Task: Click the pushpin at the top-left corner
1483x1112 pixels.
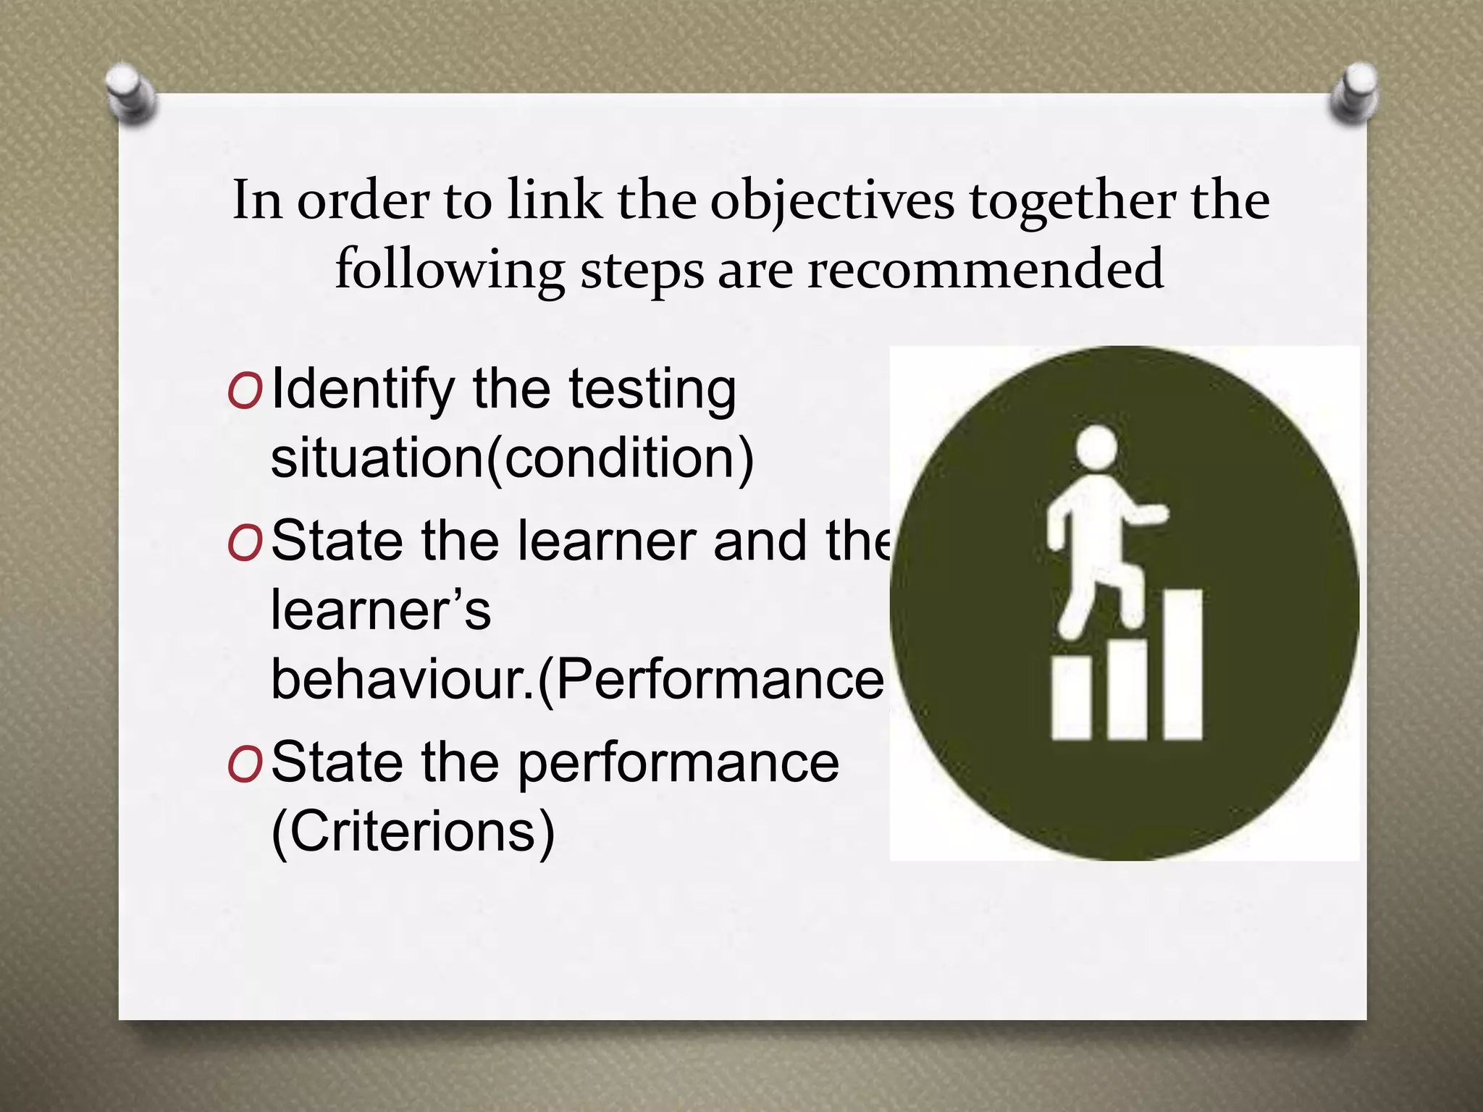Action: pyautogui.click(x=130, y=93)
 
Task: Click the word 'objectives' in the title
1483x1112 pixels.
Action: pyautogui.click(x=832, y=201)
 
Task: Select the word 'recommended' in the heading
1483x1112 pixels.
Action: pyautogui.click(x=985, y=269)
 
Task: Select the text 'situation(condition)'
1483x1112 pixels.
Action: pyautogui.click(x=512, y=458)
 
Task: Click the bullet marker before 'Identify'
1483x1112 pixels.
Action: pyautogui.click(x=244, y=392)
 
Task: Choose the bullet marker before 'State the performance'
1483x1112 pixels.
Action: pyautogui.click(x=244, y=765)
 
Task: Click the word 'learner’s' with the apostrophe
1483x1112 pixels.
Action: pyautogui.click(x=381, y=610)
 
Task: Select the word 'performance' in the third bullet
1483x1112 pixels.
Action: pyautogui.click(x=679, y=764)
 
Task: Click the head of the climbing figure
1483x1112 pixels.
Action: pyautogui.click(x=1096, y=446)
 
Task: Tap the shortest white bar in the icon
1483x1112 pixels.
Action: pyautogui.click(x=1071, y=698)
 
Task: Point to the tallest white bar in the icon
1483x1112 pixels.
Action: pyautogui.click(x=1182, y=664)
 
